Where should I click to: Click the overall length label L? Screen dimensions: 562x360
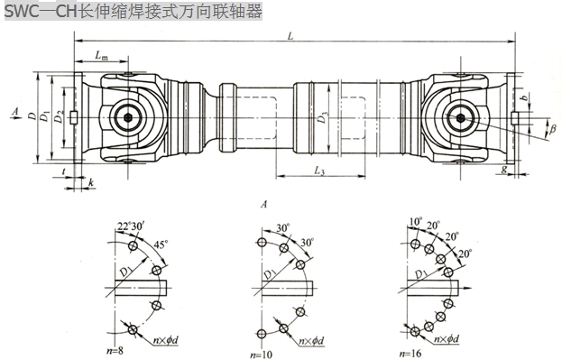tap(290, 36)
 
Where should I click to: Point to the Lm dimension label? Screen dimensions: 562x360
tap(101, 56)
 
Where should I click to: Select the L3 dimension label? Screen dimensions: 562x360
tap(319, 171)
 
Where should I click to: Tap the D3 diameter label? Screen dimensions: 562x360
tap(323, 117)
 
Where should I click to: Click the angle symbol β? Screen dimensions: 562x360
tap(552, 129)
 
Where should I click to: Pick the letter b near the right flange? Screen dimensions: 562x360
tap(524, 97)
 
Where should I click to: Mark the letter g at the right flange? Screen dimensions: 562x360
tap(504, 169)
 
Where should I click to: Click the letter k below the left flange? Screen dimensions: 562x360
tap(91, 183)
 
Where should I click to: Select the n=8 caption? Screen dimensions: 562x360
tap(115, 350)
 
